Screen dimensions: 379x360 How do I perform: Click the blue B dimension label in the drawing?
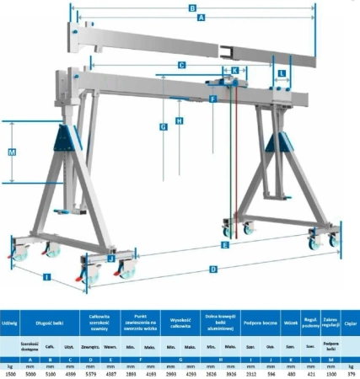tap(192, 9)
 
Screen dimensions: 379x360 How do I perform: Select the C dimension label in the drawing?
tap(181, 64)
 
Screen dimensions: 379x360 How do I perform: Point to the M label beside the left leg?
tap(12, 152)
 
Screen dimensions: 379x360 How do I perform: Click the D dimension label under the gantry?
tap(212, 270)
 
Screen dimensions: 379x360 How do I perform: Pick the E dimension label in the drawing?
tap(224, 245)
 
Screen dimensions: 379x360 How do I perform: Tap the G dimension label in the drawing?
tap(163, 126)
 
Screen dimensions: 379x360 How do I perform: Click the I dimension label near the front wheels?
tap(47, 276)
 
